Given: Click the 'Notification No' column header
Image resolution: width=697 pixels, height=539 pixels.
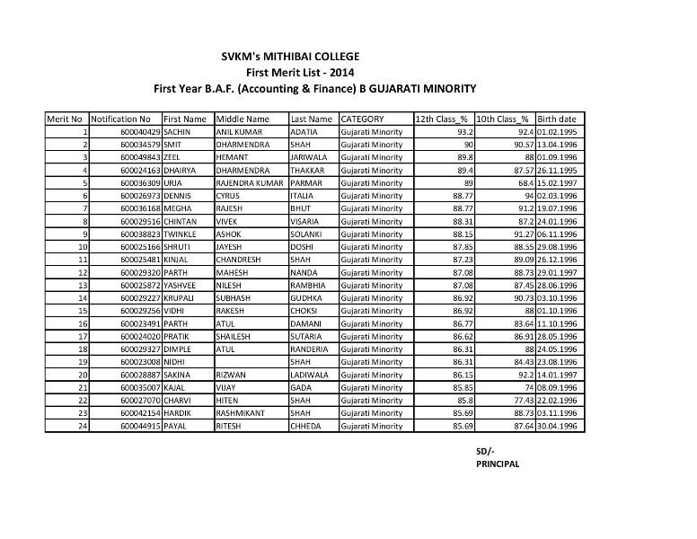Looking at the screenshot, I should (x=120, y=119).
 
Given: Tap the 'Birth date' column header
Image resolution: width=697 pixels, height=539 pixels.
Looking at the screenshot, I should (x=556, y=119).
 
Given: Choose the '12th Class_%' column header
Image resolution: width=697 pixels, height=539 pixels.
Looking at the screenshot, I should (x=441, y=119).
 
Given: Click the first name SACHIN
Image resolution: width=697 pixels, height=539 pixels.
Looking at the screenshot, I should (x=177, y=131).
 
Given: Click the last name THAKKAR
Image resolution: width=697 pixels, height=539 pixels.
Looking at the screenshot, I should (x=307, y=169).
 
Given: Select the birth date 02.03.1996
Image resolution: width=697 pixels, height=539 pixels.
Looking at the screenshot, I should (x=556, y=195).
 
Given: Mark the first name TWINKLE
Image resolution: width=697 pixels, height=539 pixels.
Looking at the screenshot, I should (x=180, y=234).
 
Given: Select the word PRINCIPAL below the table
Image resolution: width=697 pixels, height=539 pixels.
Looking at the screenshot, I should (x=498, y=464).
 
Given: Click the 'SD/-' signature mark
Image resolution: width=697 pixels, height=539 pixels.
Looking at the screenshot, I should (x=485, y=450).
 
